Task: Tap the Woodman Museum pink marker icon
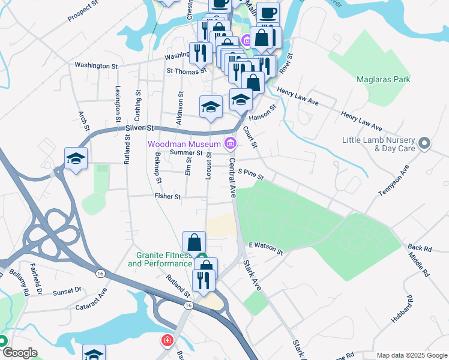(230, 143)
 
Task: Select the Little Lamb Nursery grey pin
(424, 143)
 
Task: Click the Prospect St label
(83, 11)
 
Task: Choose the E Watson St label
(266, 249)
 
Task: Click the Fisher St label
(167, 196)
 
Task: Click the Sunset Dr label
(67, 290)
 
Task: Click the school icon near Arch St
(76, 158)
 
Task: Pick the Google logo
(19, 353)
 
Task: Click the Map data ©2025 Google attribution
(411, 355)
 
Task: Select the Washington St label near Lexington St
(96, 65)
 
